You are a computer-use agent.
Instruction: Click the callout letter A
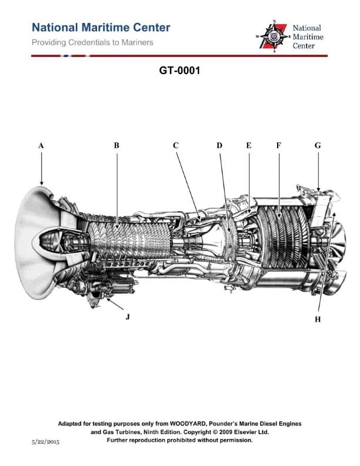[41, 145]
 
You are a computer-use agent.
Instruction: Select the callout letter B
[116, 145]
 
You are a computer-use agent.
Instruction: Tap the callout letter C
[175, 145]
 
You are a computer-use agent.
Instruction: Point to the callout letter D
[219, 145]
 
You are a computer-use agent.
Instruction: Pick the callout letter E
[248, 145]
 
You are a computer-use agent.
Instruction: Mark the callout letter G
[318, 145]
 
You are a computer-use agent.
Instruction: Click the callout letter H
[318, 319]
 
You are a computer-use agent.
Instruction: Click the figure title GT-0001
[179, 71]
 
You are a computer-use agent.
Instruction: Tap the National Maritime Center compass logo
[274, 36]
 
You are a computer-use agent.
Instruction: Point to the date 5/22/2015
[46, 441]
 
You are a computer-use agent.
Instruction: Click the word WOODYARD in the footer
[195, 424]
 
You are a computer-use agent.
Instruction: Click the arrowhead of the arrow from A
[42, 184]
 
